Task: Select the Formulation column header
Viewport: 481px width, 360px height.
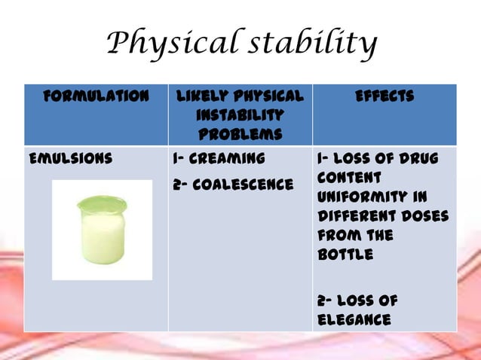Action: click(96, 96)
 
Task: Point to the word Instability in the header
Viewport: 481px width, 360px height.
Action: click(240, 115)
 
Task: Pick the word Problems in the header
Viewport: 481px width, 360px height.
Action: click(240, 134)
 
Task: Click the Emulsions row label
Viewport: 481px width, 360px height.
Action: click(70, 159)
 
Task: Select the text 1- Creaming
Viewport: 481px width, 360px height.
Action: click(219, 159)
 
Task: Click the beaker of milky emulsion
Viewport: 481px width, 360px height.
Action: click(102, 229)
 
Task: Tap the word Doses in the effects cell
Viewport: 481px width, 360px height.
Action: click(424, 217)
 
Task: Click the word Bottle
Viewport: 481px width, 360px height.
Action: click(345, 255)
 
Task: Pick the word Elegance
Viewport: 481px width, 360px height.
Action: click(354, 320)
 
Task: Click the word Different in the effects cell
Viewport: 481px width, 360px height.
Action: click(357, 217)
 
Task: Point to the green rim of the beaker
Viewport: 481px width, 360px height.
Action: click(102, 202)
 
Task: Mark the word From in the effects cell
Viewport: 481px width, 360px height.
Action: click(335, 236)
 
